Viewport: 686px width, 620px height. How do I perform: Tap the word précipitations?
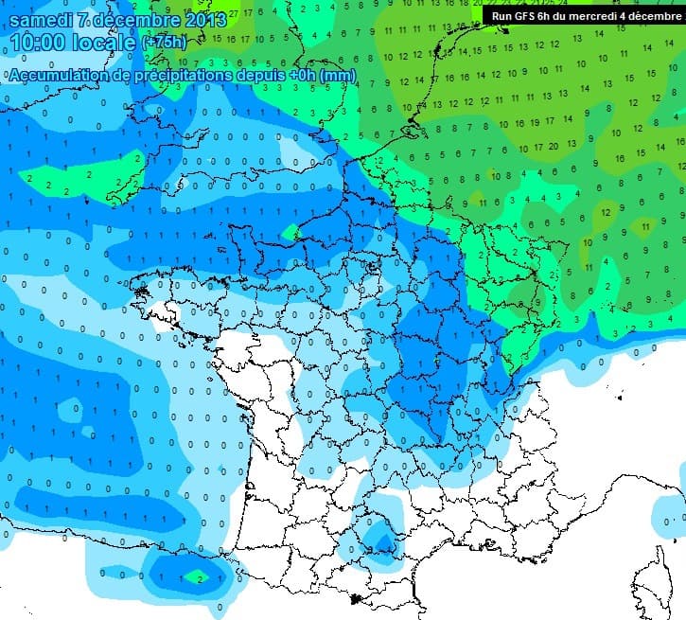(x=182, y=76)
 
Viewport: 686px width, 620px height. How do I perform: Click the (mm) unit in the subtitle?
(x=337, y=76)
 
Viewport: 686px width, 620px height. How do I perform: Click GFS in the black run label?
(x=526, y=16)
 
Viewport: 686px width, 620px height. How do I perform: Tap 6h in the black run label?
(x=549, y=16)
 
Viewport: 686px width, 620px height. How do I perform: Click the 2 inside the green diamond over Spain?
(x=198, y=576)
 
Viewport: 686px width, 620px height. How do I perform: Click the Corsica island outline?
(x=653, y=577)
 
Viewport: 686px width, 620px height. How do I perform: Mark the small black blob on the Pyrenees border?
(x=357, y=598)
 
